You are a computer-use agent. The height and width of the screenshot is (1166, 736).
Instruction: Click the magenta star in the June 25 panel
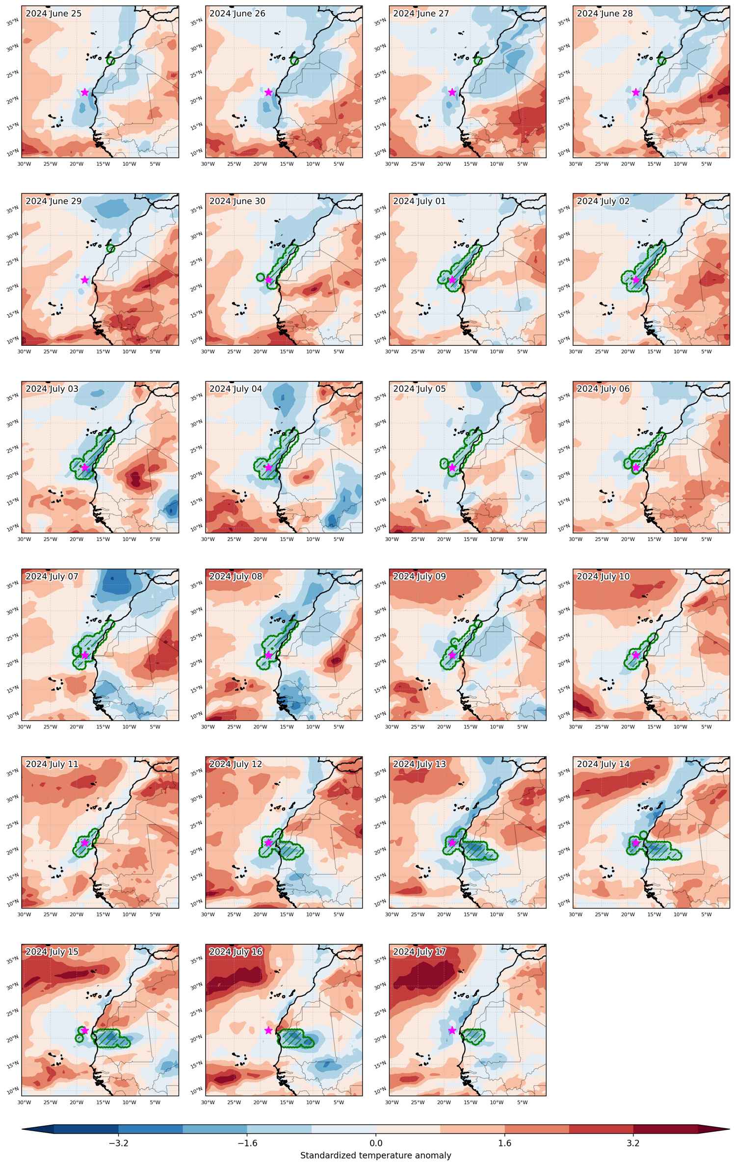(85, 92)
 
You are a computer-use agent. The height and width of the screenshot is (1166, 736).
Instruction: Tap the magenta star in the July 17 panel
(452, 1031)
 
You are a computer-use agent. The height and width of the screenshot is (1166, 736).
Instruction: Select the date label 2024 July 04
(236, 389)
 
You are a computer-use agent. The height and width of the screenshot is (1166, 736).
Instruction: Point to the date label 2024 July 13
(420, 764)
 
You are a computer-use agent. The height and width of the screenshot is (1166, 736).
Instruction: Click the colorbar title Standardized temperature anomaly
(375, 1155)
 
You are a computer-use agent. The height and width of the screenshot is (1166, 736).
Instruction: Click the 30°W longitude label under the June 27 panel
(392, 164)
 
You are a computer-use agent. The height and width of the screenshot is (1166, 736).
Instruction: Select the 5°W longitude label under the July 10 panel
(706, 727)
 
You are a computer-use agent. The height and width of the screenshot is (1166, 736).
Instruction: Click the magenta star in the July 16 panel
(268, 1031)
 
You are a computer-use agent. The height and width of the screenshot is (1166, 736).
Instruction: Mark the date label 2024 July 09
(420, 576)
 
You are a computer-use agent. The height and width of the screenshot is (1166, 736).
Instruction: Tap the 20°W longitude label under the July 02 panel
(628, 352)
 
